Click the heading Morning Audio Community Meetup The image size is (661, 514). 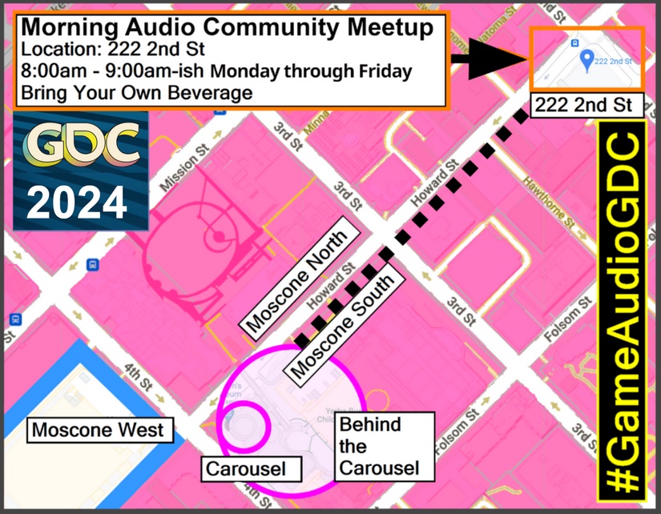227,27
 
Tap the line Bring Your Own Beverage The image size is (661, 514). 137,92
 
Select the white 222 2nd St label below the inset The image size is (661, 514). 584,104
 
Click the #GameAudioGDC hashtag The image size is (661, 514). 623,311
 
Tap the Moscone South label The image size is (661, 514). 342,324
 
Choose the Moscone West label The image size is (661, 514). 98,430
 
